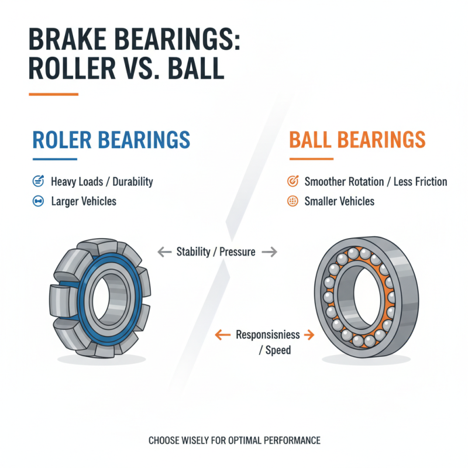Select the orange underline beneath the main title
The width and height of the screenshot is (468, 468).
pyautogui.click(x=53, y=94)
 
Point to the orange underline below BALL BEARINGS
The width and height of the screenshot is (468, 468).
pyautogui.click(x=311, y=159)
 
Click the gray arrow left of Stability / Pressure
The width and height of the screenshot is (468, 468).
pyautogui.click(x=164, y=252)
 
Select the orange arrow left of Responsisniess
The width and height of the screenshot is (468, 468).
pyautogui.click(x=222, y=335)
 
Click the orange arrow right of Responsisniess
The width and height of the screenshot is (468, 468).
pyautogui.click(x=307, y=335)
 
